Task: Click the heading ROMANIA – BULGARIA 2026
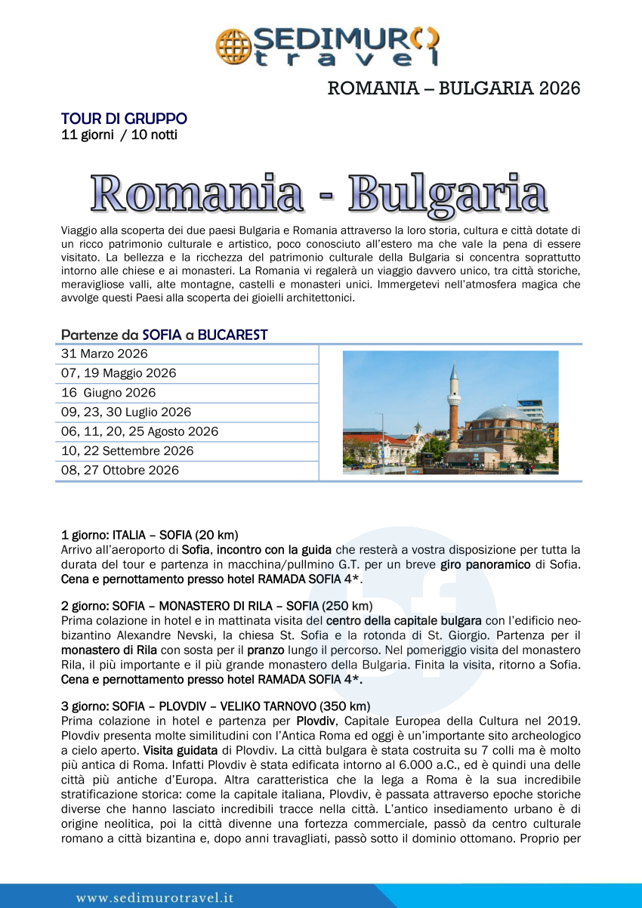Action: click(x=453, y=88)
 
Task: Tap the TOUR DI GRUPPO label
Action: click(x=124, y=119)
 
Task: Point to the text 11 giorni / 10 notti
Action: click(x=119, y=135)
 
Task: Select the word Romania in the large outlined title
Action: click(x=198, y=193)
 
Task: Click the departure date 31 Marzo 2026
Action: click(x=104, y=354)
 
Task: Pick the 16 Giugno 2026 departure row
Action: click(x=109, y=393)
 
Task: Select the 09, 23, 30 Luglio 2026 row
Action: click(x=126, y=412)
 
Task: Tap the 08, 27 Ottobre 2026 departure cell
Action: click(x=120, y=471)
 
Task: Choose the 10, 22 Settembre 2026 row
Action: click(x=127, y=451)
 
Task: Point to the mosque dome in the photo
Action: click(x=505, y=414)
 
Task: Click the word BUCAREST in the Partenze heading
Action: click(x=233, y=335)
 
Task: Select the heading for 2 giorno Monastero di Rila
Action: click(x=216, y=606)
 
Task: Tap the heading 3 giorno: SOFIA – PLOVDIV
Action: click(x=215, y=706)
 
